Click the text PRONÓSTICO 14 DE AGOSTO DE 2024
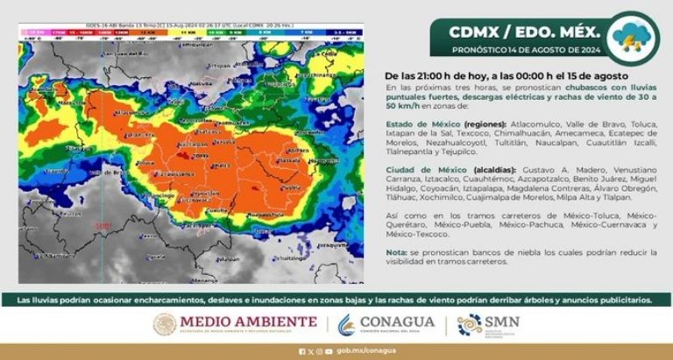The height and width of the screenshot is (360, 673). point(514,49)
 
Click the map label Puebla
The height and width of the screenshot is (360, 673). point(292,186)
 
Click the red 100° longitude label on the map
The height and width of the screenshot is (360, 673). point(103,226)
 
